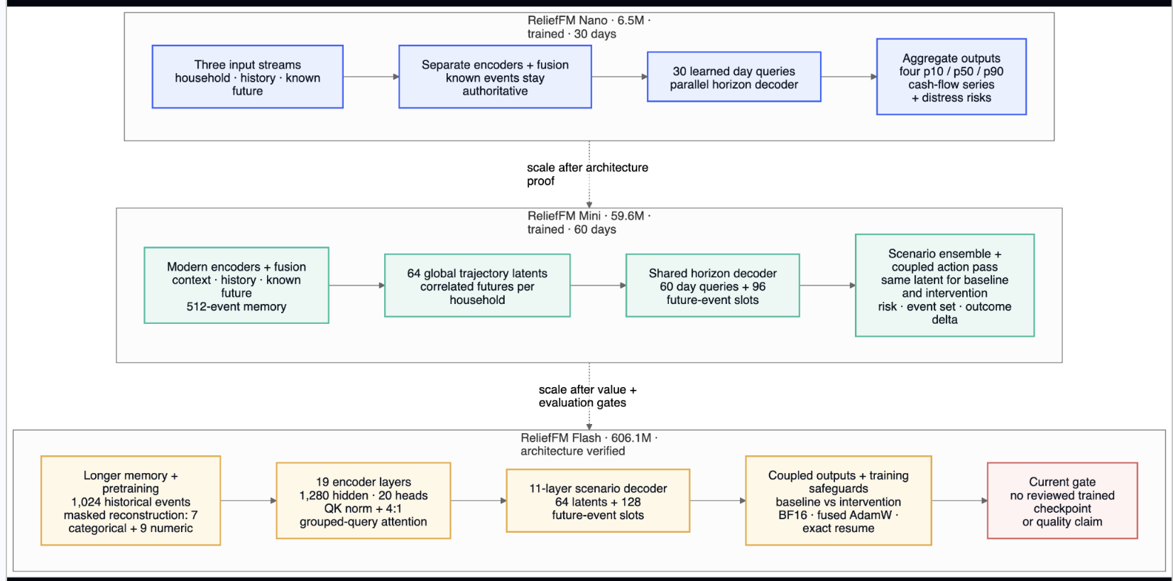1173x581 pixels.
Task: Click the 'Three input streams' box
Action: [x=248, y=77]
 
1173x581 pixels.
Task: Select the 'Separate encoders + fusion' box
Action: [x=495, y=77]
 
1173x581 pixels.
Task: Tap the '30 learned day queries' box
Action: [x=733, y=77]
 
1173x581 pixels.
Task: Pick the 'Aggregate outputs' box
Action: [x=951, y=77]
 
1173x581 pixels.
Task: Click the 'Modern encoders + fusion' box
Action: [x=236, y=286]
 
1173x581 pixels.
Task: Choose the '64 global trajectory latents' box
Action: [x=477, y=286]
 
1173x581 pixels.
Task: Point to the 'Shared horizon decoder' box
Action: [x=712, y=286]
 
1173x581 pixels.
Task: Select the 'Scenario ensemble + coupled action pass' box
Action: [x=944, y=286]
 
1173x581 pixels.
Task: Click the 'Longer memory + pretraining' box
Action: [x=131, y=501]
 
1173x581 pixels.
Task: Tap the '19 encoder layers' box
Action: [x=364, y=501]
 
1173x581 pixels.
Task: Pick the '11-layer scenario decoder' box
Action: [x=598, y=501]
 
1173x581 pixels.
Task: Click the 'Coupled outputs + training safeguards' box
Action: [x=839, y=501]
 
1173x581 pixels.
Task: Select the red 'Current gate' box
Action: [x=1062, y=501]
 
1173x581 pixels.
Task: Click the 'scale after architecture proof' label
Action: [x=587, y=175]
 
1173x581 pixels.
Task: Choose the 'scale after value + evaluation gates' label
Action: [x=587, y=396]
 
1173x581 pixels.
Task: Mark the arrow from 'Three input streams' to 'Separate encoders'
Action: [x=371, y=77]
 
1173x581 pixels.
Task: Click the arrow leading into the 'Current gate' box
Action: [x=959, y=501]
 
